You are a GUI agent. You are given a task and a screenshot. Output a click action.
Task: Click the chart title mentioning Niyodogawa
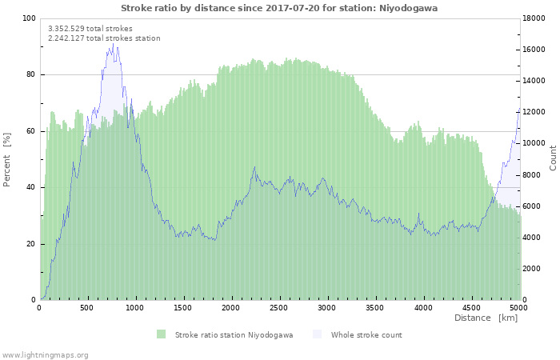pyautogui.click(x=279, y=8)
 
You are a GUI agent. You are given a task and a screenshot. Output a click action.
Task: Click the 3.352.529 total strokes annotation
pyautogui.click(x=90, y=28)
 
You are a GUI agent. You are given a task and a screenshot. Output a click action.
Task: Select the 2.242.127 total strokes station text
pyautogui.click(x=104, y=38)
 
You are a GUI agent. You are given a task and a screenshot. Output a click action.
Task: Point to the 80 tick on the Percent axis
pyautogui.click(x=31, y=75)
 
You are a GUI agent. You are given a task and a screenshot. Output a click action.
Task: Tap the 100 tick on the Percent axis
pyautogui.click(x=30, y=18)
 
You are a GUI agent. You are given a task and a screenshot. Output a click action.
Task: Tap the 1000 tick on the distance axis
pyautogui.click(x=135, y=307)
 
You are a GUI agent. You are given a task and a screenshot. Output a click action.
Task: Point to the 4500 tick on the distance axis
pyautogui.click(x=470, y=307)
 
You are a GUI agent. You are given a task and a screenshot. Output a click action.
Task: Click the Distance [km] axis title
pyautogui.click(x=486, y=318)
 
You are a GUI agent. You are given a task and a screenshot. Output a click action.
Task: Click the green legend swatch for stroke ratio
pyautogui.click(x=162, y=334)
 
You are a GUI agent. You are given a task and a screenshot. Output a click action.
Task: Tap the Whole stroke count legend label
pyautogui.click(x=366, y=334)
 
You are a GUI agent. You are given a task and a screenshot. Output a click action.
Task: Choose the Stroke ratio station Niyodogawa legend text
pyautogui.click(x=234, y=334)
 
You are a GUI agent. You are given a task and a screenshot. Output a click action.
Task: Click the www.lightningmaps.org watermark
pyautogui.click(x=45, y=354)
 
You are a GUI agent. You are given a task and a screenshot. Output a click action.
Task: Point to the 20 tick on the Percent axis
pyautogui.click(x=31, y=244)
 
